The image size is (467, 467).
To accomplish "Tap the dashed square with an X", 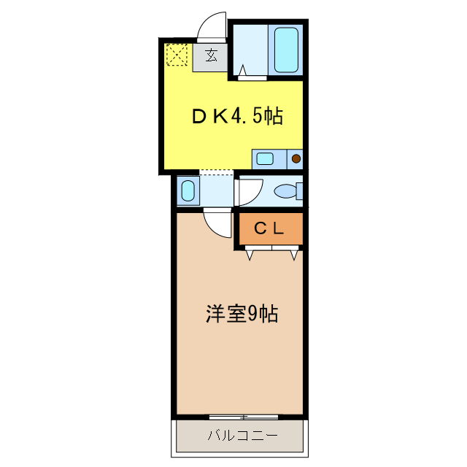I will tap(177, 55).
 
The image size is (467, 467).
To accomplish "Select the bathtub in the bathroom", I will tap(285, 49).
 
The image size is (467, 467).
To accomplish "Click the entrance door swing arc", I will tap(212, 26).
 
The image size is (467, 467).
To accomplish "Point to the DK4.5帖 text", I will tap(237, 115).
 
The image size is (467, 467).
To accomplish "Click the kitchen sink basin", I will tap(264, 158).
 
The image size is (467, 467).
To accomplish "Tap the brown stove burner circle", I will tap(296, 158).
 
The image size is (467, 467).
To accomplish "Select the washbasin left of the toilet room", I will tap(188, 191).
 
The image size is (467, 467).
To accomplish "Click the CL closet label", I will tap(269, 228).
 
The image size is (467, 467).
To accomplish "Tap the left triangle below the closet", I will tap(250, 255).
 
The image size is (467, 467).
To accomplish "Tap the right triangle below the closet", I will tap(294, 255).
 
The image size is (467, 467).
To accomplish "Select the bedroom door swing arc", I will tap(217, 222).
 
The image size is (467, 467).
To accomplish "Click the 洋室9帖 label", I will tap(241, 314).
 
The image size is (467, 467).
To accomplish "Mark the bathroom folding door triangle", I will tap(242, 71).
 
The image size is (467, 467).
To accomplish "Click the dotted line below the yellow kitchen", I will tap(216, 171).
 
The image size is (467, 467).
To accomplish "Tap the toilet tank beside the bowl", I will tap(299, 191).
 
